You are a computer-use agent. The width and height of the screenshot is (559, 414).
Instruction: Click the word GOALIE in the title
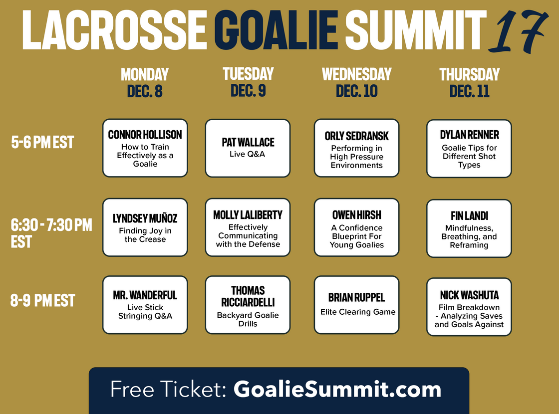[x=276, y=30]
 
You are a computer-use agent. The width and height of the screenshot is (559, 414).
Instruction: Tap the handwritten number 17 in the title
[x=518, y=31]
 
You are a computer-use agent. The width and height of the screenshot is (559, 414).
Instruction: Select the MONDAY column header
[x=145, y=74]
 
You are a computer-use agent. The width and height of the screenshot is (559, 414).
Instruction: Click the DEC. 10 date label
[x=356, y=91]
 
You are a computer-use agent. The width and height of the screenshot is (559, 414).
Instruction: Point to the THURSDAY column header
[x=469, y=74]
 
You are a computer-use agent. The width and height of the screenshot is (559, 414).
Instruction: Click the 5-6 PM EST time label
[x=42, y=142]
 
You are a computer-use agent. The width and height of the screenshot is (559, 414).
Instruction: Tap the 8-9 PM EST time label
[x=43, y=300]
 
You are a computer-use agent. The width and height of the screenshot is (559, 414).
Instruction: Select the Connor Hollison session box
[x=145, y=148]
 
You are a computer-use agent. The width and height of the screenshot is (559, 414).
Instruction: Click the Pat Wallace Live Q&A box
[x=248, y=148]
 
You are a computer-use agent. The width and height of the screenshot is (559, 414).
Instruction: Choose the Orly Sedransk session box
[x=356, y=148]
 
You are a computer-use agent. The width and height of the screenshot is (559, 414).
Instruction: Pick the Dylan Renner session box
[x=469, y=149]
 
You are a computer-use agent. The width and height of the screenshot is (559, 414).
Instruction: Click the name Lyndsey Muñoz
[x=145, y=218]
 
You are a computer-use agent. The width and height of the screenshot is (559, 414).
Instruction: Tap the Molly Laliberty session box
[x=248, y=227]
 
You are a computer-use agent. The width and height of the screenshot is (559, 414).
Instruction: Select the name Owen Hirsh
[x=356, y=215]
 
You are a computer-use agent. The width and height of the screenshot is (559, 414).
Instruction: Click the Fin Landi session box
[x=469, y=228]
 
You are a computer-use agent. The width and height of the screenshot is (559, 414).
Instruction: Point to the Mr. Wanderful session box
[x=145, y=305]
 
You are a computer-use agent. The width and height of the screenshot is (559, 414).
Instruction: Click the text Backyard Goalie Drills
[x=248, y=319]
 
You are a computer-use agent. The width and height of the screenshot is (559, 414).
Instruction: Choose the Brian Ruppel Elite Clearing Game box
[x=356, y=305]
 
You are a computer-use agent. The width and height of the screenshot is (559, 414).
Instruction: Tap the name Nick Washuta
[x=469, y=295]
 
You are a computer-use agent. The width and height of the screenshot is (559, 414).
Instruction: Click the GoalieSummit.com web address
[x=337, y=389]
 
